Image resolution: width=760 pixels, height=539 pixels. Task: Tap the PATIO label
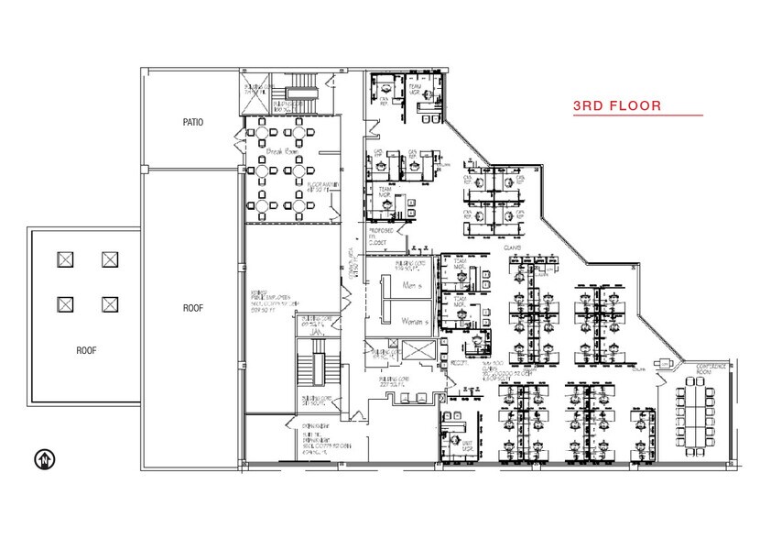tap(192, 121)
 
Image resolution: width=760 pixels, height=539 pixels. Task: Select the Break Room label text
tap(283, 150)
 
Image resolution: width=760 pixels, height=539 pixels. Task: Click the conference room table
tap(696, 412)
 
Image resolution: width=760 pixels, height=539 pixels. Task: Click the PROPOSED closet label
tap(381, 234)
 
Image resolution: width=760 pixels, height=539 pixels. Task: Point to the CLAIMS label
tap(513, 246)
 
